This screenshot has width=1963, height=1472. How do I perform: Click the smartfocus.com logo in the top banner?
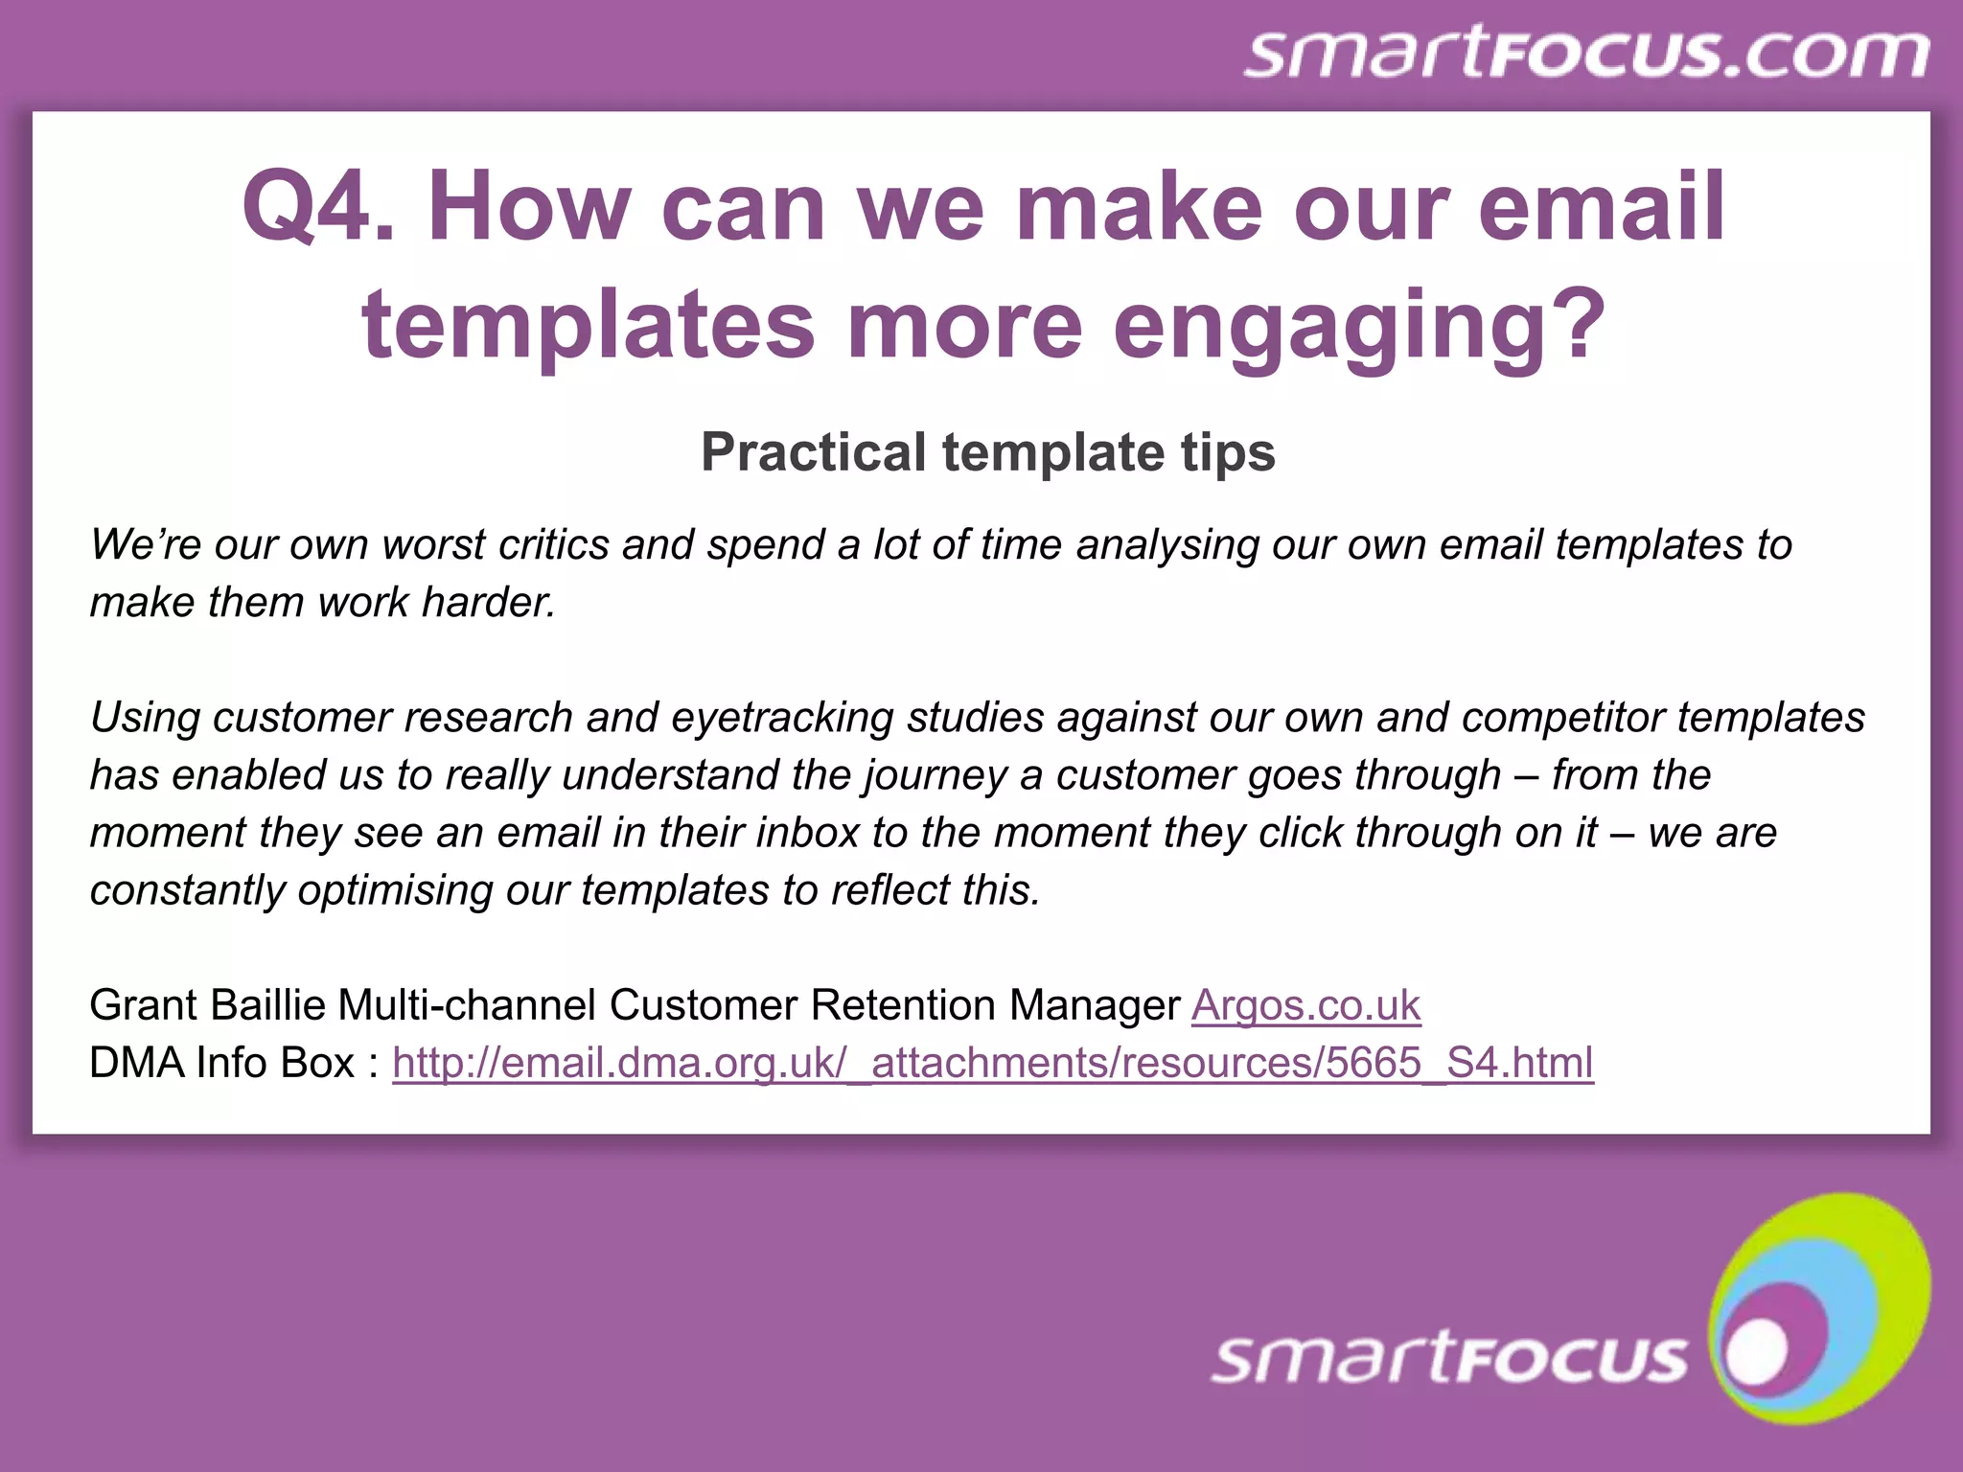point(1586,54)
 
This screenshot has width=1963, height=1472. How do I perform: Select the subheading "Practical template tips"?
point(988,451)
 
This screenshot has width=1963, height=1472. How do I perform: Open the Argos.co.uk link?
point(1305,1005)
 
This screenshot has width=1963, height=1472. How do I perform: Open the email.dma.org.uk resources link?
point(992,1063)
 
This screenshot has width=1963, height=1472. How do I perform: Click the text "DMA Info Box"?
point(222,1063)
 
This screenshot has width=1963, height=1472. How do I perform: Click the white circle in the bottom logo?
point(1756,1352)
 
